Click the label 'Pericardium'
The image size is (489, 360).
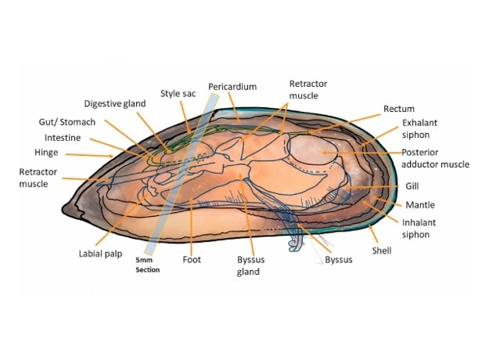coord(232,86)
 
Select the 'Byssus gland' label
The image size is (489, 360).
coord(249,265)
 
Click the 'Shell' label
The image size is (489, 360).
coord(382,251)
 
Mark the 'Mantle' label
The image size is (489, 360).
coord(419,205)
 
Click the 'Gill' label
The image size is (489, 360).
coord(412,187)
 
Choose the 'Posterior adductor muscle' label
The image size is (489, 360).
coord(434,158)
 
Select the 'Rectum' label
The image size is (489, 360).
coord(399,109)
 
